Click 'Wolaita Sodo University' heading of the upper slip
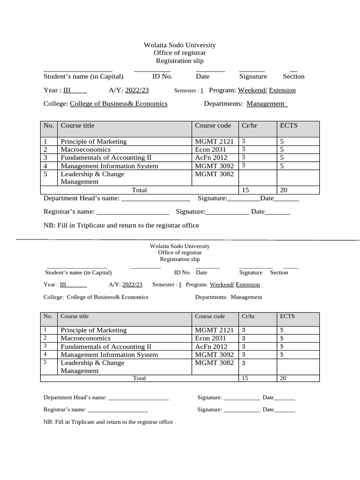[180, 45]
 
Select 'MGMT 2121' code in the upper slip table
[214, 142]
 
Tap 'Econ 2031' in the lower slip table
[210, 338]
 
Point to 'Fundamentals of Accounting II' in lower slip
[106, 346]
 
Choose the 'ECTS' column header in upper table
[288, 125]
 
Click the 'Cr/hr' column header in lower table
[248, 316]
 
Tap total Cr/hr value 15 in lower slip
[245, 378]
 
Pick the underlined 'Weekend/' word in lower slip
[222, 285]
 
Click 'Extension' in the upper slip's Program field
[282, 90]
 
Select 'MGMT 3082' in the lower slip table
[214, 363]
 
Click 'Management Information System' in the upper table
[109, 166]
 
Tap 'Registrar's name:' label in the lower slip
[65, 409]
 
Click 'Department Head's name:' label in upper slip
[82, 198]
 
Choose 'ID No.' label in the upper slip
[162, 76]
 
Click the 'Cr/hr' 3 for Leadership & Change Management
[243, 363]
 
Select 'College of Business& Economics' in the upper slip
[119, 104]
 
